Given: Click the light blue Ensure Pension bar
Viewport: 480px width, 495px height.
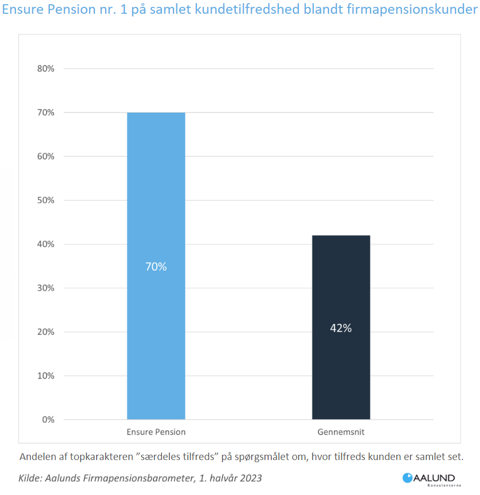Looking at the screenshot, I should click(156, 212).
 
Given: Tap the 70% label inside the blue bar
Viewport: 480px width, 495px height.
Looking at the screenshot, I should click(156, 267).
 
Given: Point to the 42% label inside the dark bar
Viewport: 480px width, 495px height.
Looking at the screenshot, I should click(341, 328).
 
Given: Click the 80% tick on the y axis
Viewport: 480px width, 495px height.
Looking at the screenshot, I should click(45, 69).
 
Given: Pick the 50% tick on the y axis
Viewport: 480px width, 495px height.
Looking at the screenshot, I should click(45, 200).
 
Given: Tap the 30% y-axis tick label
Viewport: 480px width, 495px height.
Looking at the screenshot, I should click(45, 288).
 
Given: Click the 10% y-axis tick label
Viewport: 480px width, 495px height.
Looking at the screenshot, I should click(45, 376).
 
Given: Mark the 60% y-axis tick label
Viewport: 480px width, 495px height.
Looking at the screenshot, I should click(45, 156).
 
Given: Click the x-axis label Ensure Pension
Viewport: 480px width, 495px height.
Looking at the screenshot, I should click(156, 432).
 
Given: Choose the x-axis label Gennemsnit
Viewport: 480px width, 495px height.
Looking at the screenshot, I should click(341, 432).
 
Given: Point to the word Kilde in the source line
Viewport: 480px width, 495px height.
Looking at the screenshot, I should click(30, 478).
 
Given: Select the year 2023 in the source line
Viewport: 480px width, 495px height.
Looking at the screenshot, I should click(250, 478).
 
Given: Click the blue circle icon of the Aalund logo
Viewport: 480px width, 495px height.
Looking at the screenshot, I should click(408, 478).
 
